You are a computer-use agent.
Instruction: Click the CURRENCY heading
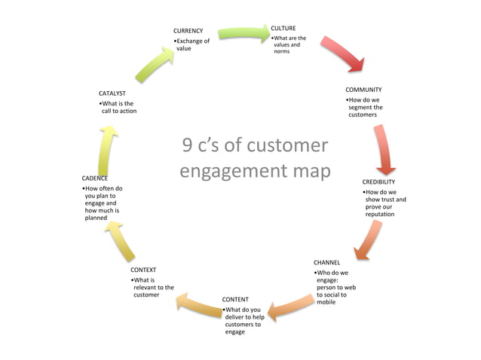point(188,31)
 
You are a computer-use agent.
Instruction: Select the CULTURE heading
point(283,28)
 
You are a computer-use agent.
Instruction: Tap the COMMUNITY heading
point(363,90)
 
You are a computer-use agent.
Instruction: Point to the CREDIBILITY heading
point(378,182)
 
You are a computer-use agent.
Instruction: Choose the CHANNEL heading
point(327,262)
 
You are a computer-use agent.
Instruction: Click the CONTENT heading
point(235,299)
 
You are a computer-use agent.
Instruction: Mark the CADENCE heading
point(95,178)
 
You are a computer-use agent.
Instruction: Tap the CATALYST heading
point(112,93)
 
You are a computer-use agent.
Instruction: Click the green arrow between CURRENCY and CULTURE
point(244,33)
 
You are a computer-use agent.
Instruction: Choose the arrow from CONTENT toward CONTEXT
point(198,304)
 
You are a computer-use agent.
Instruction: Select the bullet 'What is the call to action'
point(118,107)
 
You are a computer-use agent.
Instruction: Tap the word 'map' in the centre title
point(311,171)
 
